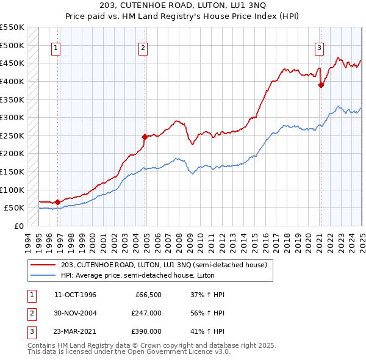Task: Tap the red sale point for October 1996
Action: pyautogui.click(x=57, y=202)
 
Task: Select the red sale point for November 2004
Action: pyautogui.click(x=145, y=137)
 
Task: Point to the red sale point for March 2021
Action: pyautogui.click(x=321, y=85)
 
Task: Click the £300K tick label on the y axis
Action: pyautogui.click(x=11, y=117)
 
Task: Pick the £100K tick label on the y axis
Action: pyautogui.click(x=11, y=190)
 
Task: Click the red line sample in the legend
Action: pyautogui.click(x=43, y=265)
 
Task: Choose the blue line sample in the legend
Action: pyautogui.click(x=43, y=275)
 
